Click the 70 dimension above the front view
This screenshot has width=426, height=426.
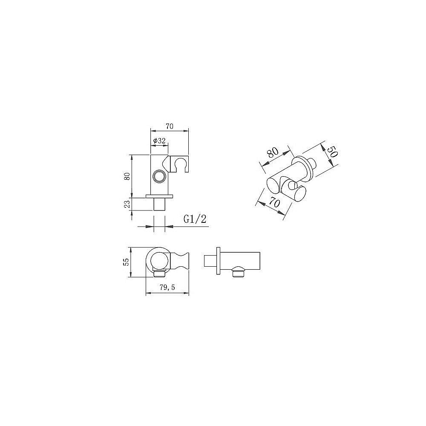pyautogui.click(x=170, y=126)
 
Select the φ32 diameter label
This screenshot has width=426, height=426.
pyautogui.click(x=158, y=141)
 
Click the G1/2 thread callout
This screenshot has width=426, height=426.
pyautogui.click(x=195, y=219)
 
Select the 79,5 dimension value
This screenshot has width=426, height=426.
pyautogui.click(x=167, y=288)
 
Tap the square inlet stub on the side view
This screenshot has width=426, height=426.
pyautogui.click(x=210, y=261)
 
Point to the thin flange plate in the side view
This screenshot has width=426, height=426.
pyautogui.click(x=219, y=261)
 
